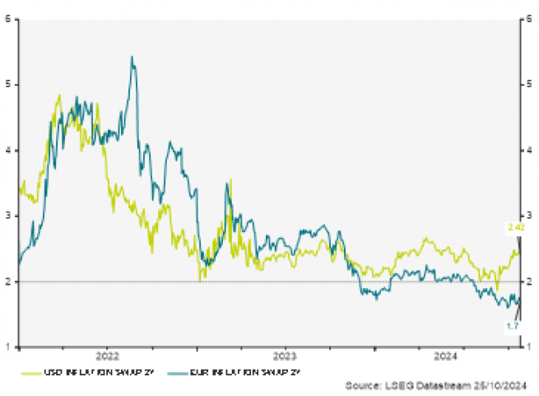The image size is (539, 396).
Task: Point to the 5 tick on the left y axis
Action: (7, 84)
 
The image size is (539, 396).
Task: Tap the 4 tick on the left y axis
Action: (7, 150)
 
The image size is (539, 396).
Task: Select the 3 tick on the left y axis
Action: (7, 216)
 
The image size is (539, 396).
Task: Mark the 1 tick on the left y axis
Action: (7, 347)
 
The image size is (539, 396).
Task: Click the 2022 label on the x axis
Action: (108, 356)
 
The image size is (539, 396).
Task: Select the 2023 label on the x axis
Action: (284, 356)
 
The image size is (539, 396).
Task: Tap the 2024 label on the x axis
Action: (445, 356)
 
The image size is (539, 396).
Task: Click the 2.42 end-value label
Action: (517, 226)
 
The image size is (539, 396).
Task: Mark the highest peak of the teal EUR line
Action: (132, 57)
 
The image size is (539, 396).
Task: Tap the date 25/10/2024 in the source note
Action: (496, 384)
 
